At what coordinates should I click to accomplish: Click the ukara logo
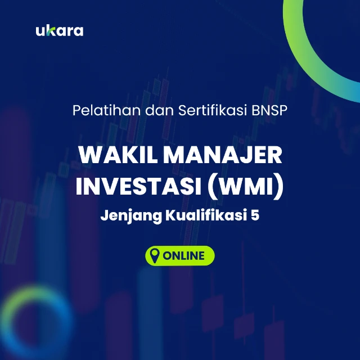(x=59, y=30)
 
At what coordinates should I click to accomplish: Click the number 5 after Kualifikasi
(x=255, y=217)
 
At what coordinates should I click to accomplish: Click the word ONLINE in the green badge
(x=184, y=255)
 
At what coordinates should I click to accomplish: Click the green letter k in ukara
(x=48, y=30)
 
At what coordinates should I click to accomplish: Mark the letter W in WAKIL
(x=87, y=155)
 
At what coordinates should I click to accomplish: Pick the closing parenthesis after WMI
(x=279, y=187)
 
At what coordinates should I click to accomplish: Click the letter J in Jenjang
(x=104, y=217)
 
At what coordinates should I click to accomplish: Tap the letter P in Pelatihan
(x=77, y=110)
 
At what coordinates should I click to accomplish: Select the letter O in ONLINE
(x=168, y=255)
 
